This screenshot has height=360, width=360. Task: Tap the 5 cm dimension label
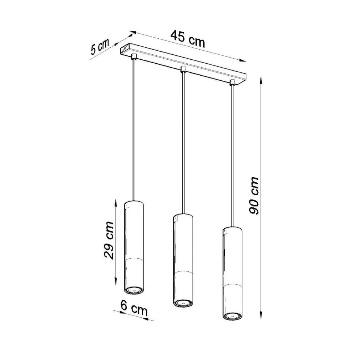(x=99, y=47)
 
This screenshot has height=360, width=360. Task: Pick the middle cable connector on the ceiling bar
(x=183, y=69)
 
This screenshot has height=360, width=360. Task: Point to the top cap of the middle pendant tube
(x=183, y=216)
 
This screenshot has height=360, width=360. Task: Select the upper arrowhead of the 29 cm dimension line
(x=115, y=201)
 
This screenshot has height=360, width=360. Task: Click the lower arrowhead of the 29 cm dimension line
(x=115, y=281)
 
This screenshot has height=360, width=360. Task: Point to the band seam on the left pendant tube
(x=134, y=259)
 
